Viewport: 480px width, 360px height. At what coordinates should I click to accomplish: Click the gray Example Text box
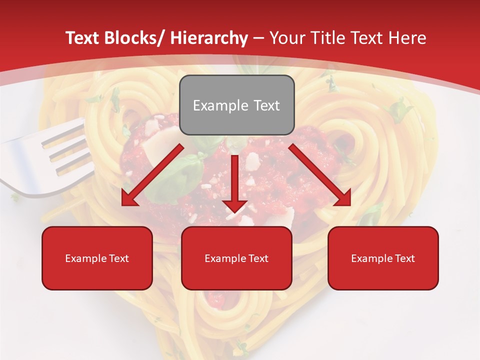click(236, 105)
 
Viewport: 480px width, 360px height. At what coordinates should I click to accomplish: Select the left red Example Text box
click(97, 258)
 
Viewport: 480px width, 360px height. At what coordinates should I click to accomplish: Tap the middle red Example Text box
click(236, 258)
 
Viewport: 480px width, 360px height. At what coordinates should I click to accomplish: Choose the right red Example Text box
click(383, 258)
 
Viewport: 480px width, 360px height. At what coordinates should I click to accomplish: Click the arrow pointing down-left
click(152, 175)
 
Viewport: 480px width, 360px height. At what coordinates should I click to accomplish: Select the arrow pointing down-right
click(320, 175)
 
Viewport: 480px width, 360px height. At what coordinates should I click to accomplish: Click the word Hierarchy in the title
click(208, 38)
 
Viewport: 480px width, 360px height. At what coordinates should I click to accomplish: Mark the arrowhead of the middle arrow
click(235, 205)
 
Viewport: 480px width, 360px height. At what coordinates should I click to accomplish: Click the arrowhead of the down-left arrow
click(129, 197)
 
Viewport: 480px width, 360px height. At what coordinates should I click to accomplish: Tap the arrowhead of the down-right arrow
click(342, 197)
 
